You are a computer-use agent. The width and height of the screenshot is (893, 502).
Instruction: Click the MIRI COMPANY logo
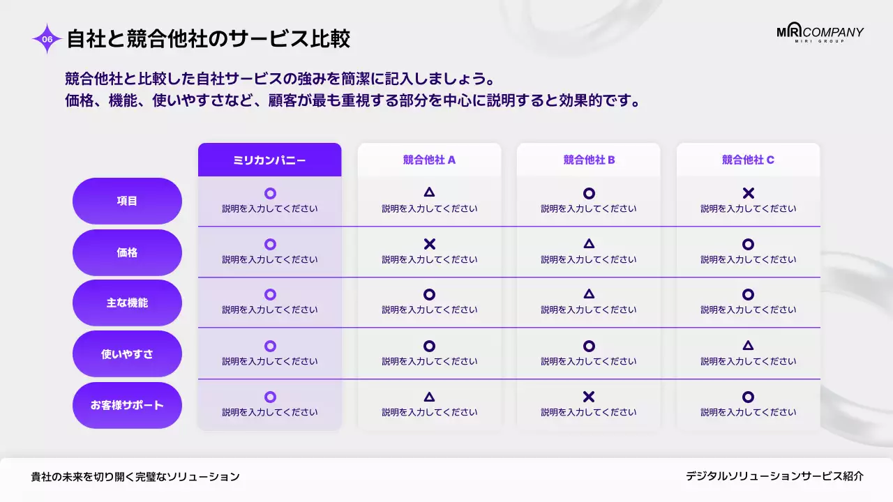point(820,33)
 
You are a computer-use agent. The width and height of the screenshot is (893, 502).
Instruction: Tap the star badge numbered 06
point(47,39)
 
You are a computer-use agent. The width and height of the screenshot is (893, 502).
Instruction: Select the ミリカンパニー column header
point(269,160)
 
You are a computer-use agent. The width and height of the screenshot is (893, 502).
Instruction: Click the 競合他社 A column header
point(429,160)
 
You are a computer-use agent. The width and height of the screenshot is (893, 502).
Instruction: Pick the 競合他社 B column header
point(589,160)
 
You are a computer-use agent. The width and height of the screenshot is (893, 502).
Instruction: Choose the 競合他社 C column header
point(748,160)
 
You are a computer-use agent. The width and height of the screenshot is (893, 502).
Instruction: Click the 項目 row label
point(127,201)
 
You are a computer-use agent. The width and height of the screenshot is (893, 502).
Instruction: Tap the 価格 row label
point(127,252)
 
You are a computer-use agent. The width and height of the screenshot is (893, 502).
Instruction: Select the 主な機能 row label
point(127,303)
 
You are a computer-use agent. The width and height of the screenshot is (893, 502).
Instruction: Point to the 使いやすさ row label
point(127,354)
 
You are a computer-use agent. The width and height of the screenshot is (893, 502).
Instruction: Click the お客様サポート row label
point(127,405)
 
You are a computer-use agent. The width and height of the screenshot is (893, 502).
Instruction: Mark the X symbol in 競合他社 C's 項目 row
point(748,193)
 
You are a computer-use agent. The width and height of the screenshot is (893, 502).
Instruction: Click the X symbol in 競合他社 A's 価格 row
point(429,244)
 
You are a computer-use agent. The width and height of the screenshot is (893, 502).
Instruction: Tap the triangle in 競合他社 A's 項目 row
point(429,192)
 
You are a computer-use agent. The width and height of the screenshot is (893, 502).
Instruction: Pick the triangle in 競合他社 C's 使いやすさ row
point(748,345)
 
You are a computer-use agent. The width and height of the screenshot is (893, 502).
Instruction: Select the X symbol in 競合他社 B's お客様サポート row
point(589,397)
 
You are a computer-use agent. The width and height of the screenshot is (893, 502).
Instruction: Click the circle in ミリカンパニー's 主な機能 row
point(270,295)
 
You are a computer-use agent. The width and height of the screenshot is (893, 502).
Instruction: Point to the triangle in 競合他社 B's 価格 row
point(589,244)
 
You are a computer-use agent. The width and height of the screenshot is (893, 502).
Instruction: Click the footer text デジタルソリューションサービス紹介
point(774,476)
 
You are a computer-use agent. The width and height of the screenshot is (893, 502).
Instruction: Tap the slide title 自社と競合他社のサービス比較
point(208,39)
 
